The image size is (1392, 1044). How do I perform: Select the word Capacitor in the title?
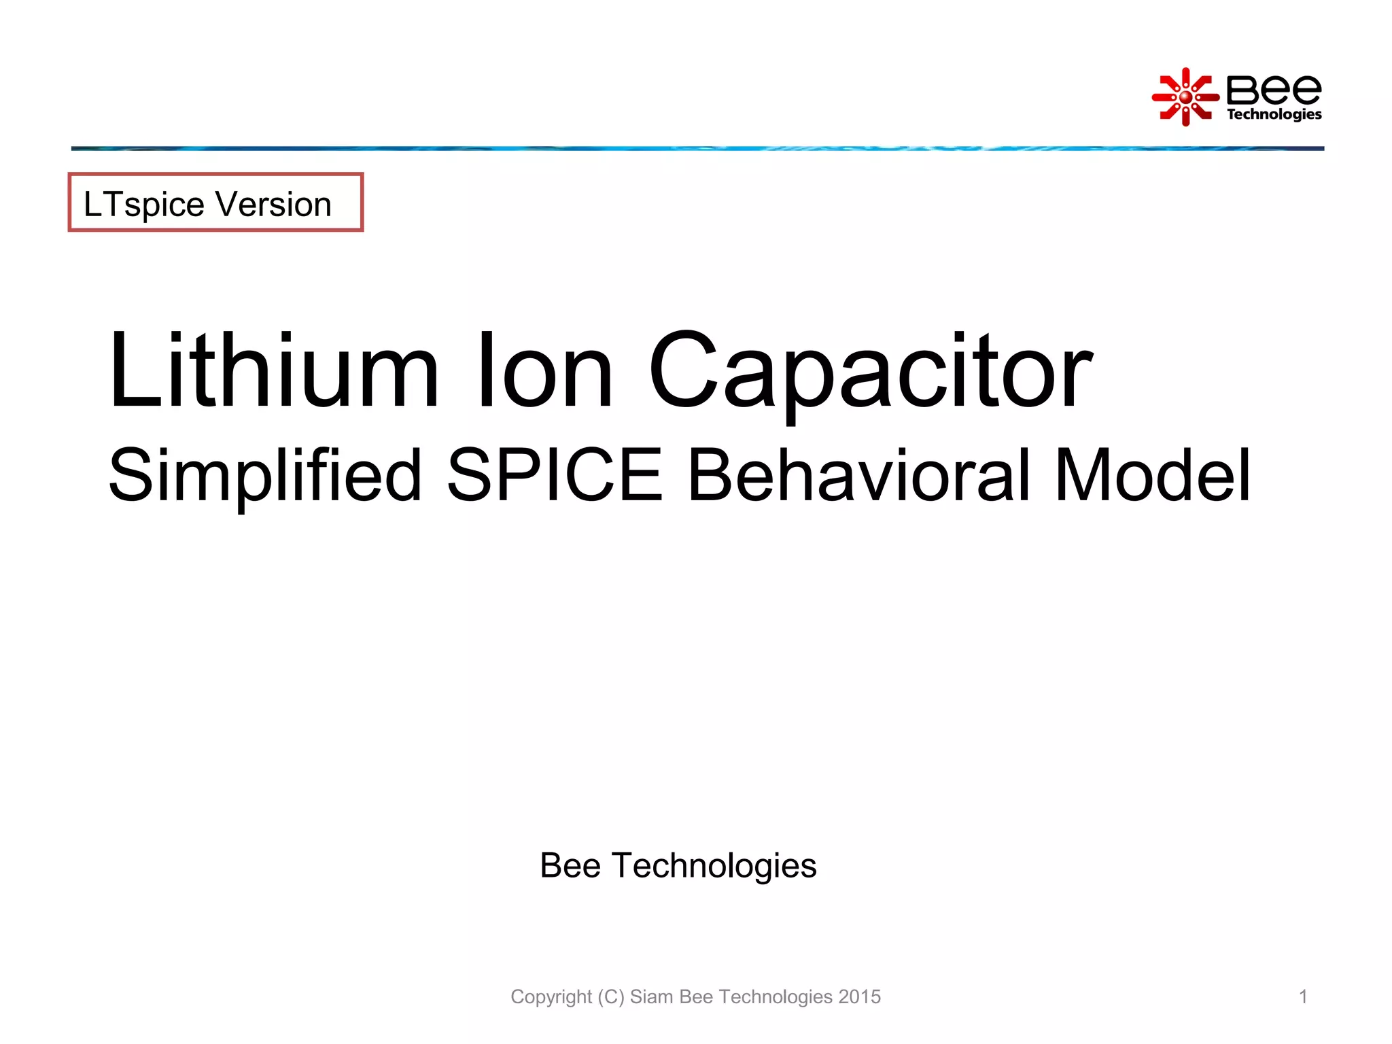click(x=871, y=372)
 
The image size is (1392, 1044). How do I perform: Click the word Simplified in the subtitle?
click(x=265, y=476)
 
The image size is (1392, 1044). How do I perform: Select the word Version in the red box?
click(x=273, y=204)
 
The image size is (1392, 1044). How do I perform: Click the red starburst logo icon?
click(x=1185, y=97)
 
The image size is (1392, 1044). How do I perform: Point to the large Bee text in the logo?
click(x=1274, y=90)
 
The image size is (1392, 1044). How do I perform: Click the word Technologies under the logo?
click(x=1274, y=114)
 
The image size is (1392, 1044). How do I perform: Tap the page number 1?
click(x=1303, y=996)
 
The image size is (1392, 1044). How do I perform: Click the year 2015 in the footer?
click(x=859, y=996)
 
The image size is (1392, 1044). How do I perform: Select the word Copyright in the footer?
click(x=551, y=997)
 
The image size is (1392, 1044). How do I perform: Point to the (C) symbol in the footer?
click(x=611, y=997)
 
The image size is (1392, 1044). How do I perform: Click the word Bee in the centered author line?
click(x=570, y=866)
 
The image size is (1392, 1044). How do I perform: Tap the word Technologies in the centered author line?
click(x=714, y=866)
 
